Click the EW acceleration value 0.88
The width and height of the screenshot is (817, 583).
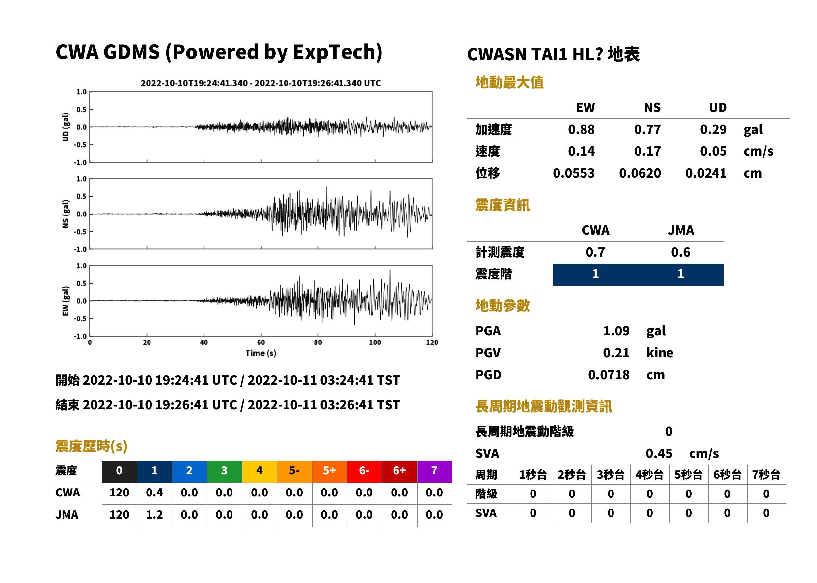click(581, 130)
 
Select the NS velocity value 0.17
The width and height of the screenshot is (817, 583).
click(647, 151)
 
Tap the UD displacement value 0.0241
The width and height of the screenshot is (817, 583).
click(706, 173)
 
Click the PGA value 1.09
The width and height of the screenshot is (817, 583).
click(616, 331)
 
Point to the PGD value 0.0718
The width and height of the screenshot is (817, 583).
click(609, 375)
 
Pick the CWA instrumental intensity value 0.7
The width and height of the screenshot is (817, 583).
click(595, 252)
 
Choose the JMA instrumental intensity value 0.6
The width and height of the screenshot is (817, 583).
click(680, 252)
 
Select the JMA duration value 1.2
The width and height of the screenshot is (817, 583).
click(154, 515)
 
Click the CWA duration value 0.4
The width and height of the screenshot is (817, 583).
click(154, 493)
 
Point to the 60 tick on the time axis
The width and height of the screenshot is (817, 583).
click(261, 342)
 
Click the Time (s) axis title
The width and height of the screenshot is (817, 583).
click(261, 353)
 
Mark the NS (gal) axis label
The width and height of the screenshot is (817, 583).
click(66, 214)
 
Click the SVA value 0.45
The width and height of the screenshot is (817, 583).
click(659, 454)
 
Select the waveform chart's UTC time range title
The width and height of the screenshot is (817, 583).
click(261, 83)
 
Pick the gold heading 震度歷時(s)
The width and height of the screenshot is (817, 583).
click(92, 446)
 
